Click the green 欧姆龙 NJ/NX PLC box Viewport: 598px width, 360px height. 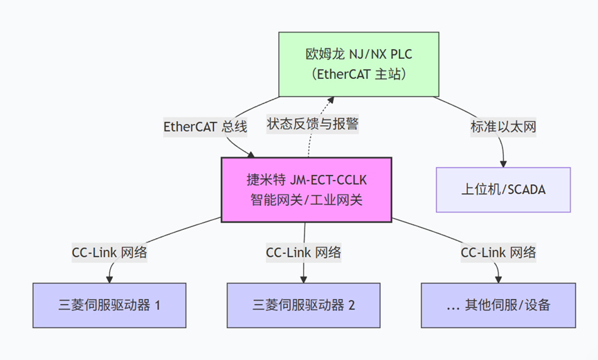pos(359,64)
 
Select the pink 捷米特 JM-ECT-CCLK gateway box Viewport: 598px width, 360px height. pos(306,190)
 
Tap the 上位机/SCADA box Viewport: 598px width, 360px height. pos(503,189)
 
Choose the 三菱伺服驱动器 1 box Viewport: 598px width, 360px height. pos(109,305)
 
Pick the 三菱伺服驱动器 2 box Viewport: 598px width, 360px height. pos(303,305)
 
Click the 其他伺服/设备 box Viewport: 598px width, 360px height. pos(498,305)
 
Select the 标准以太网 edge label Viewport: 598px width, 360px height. pos(503,127)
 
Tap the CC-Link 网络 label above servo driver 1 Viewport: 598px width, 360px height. pos(109,253)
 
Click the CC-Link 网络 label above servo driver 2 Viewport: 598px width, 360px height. pos(303,253)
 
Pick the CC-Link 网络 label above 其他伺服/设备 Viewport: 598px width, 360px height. pos(498,253)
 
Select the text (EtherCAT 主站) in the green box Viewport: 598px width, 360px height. pos(359,73)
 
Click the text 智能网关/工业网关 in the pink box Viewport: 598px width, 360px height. pos(306,201)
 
